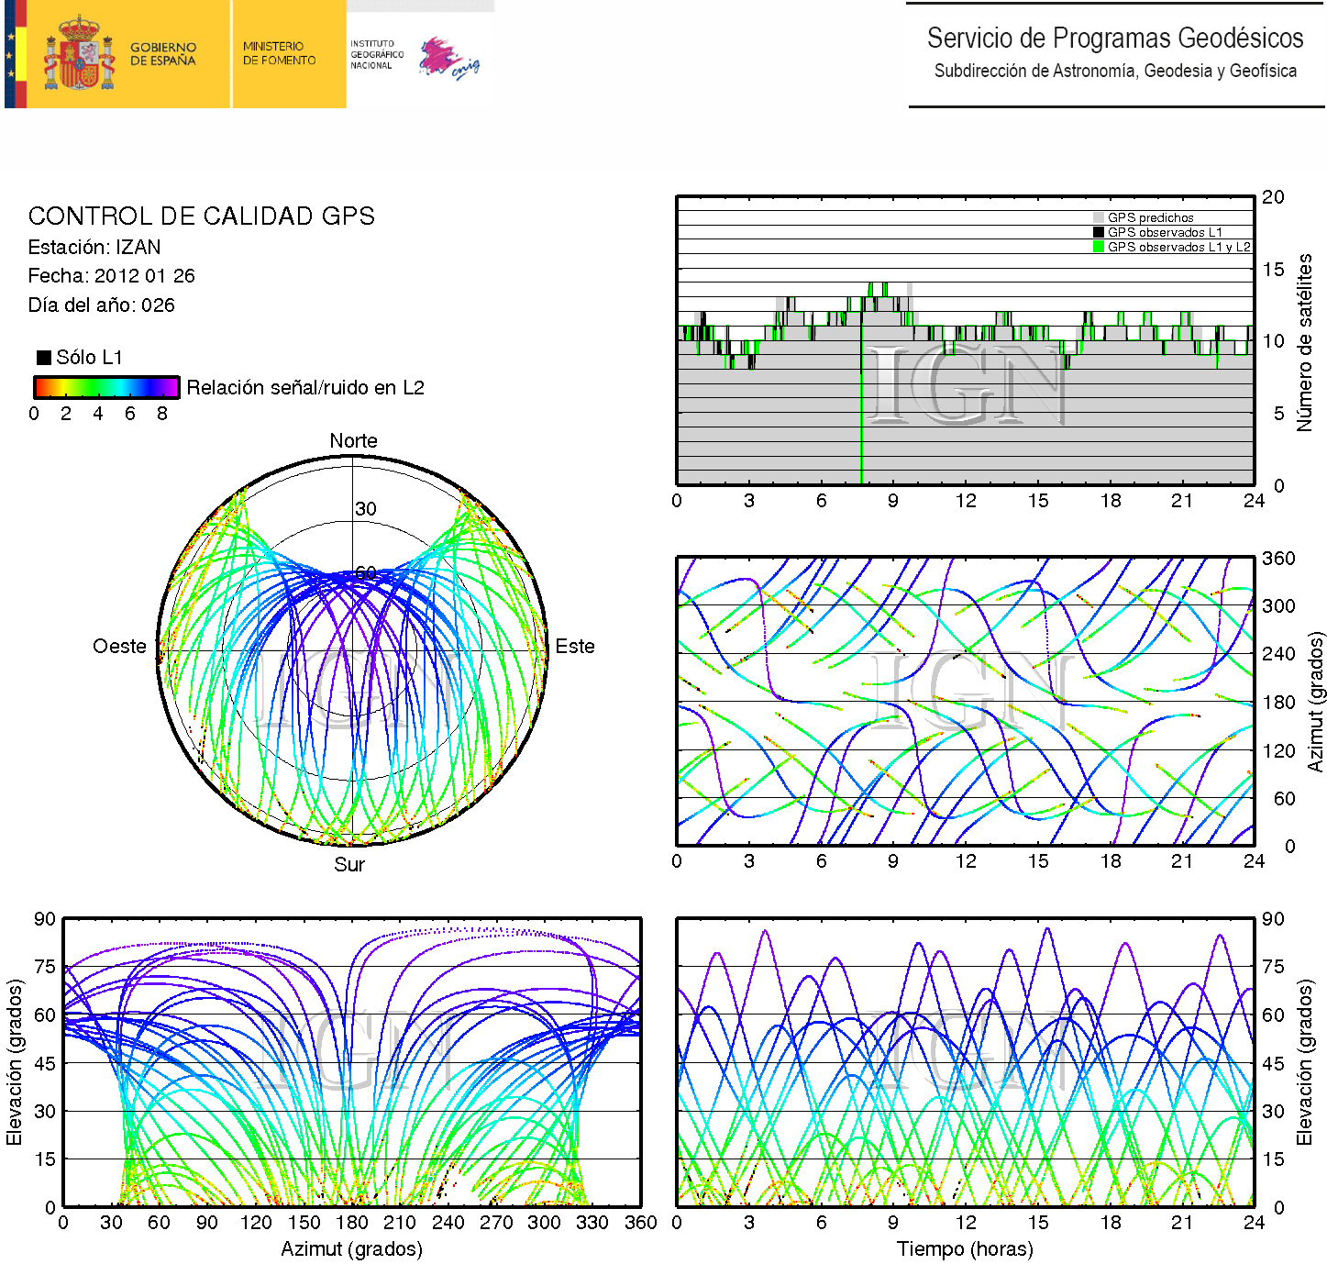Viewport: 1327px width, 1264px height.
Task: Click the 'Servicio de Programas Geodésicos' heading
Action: point(1114,38)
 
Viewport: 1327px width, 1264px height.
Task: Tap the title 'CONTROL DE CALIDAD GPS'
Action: point(201,216)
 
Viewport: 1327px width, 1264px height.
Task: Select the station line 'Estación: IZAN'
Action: point(94,247)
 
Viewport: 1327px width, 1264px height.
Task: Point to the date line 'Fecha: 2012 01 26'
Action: point(111,275)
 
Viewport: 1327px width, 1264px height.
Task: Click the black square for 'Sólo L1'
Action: point(43,357)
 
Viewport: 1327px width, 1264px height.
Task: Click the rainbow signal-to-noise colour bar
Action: point(105,386)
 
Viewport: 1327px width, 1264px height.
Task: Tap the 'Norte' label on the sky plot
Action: point(353,440)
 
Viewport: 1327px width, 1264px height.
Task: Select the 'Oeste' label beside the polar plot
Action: point(119,646)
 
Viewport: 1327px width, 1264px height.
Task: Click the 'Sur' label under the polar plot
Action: point(349,864)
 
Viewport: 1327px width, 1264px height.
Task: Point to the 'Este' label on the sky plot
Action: point(575,646)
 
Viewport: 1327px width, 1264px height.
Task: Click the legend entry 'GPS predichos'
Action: point(1150,217)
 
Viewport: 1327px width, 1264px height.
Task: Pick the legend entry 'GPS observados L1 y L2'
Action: point(1178,247)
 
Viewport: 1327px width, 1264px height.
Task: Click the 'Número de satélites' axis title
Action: point(1304,342)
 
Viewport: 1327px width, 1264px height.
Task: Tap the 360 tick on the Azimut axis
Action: point(1278,558)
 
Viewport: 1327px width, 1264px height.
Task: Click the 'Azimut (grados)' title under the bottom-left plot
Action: point(351,1248)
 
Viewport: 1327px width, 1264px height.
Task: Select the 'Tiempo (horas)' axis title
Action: point(965,1248)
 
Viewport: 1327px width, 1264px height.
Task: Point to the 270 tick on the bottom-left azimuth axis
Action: point(496,1222)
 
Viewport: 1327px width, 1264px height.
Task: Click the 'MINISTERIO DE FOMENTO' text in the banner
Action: point(279,53)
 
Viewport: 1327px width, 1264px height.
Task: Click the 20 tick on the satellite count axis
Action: point(1273,196)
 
